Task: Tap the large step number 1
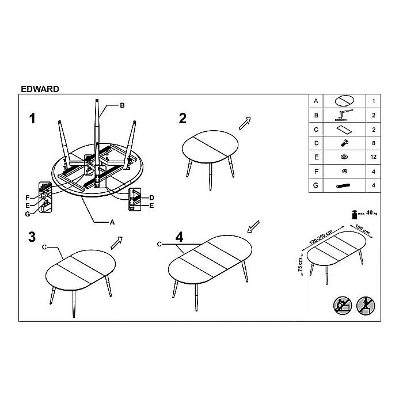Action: point(33,119)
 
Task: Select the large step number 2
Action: point(183,119)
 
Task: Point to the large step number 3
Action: point(33,237)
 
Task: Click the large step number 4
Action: point(180,237)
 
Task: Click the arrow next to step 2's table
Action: point(246,123)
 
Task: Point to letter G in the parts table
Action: point(315,185)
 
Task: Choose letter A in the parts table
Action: point(315,101)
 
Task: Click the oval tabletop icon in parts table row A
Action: point(345,101)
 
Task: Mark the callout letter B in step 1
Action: point(122,105)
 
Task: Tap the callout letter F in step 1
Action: point(27,197)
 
